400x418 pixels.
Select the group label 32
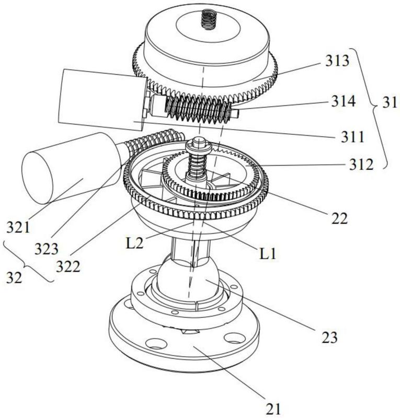pyautogui.click(x=15, y=277)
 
